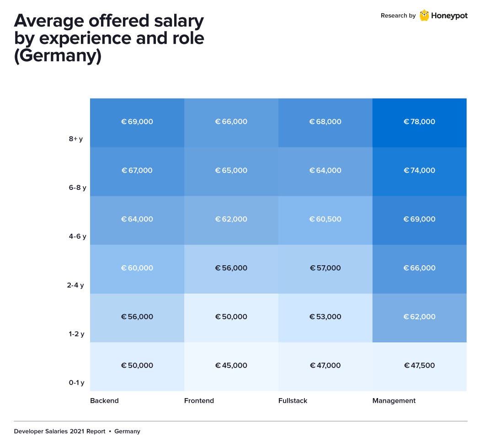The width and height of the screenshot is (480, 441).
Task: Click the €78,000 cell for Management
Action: coord(419,122)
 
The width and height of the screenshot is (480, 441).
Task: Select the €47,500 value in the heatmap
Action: coord(419,366)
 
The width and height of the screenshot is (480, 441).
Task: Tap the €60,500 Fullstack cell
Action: coord(325,220)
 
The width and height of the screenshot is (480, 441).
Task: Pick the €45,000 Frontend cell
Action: coord(231,366)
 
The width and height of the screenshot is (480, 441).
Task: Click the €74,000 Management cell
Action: coord(419,171)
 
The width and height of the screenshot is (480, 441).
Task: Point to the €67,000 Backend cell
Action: coord(137,171)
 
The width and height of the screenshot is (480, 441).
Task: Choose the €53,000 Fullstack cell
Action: coord(325,317)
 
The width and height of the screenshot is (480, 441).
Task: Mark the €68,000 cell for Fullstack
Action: coord(325,122)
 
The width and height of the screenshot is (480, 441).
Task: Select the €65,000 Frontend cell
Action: coord(231,171)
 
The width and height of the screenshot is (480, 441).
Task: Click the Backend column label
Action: coord(104,401)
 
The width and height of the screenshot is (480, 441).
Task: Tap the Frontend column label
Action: coord(199,401)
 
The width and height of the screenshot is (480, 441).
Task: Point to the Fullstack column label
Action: coord(293,401)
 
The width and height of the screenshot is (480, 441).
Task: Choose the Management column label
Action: coord(394,401)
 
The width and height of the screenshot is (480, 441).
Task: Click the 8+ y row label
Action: coord(76,139)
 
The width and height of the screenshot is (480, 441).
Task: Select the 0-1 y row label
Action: coord(76,383)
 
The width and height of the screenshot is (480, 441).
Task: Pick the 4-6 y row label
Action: coord(77,236)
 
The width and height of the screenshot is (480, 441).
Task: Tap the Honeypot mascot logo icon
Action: coord(424,16)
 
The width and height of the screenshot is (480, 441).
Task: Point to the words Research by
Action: coord(398,16)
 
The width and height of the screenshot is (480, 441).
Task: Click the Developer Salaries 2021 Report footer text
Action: coord(59,431)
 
